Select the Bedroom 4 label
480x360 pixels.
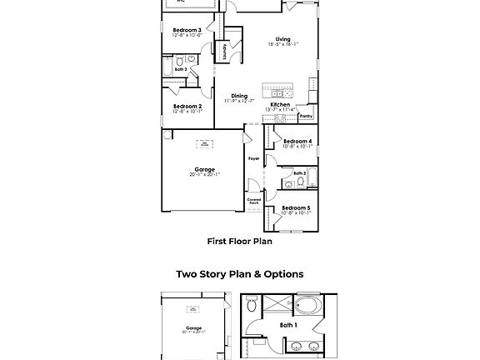297,142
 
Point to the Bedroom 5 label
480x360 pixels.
297,207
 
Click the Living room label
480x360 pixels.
283,38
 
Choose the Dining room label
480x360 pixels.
240,97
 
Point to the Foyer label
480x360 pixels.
253,157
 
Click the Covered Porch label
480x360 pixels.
254,201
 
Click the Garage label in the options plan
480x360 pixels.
193,328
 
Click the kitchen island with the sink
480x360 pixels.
279,89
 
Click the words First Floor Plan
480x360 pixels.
240,241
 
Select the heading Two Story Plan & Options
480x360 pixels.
240,273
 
